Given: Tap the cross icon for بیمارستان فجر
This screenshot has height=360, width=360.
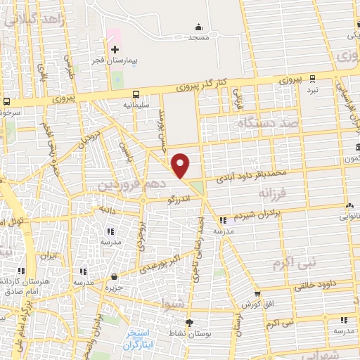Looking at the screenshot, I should tap(115, 49).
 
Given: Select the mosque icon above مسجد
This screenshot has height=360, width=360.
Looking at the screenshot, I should tap(197, 27).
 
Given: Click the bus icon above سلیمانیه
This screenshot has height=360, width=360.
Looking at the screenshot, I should tap(136, 94).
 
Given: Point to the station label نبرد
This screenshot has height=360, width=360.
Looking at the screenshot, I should tap(312, 89).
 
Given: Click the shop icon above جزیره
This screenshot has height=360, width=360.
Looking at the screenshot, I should tap(108, 276).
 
